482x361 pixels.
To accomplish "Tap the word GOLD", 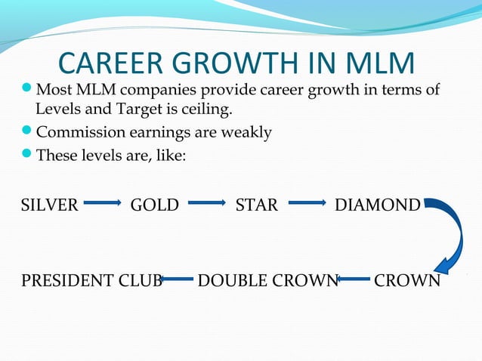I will coord(155,205).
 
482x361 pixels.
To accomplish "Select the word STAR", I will coord(257,205).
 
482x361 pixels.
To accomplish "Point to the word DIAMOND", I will coord(377,205).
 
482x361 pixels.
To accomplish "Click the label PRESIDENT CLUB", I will coord(91,281).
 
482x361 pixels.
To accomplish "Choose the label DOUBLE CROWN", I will coord(267,281).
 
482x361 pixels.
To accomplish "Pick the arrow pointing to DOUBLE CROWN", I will coord(353,280).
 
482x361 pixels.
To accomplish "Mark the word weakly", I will coord(244,133).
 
